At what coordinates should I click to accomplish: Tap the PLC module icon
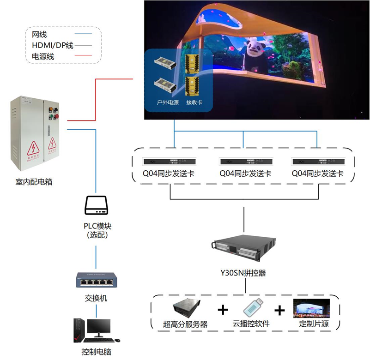96,205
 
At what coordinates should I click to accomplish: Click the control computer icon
96,330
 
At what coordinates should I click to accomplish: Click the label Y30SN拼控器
244,273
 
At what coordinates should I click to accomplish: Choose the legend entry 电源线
43,56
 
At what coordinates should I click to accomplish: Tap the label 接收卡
194,102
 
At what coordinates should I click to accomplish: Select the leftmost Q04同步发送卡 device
170,162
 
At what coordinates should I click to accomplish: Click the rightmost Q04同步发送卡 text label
317,174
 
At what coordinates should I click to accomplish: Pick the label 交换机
96,298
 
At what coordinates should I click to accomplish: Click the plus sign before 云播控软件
223,309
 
